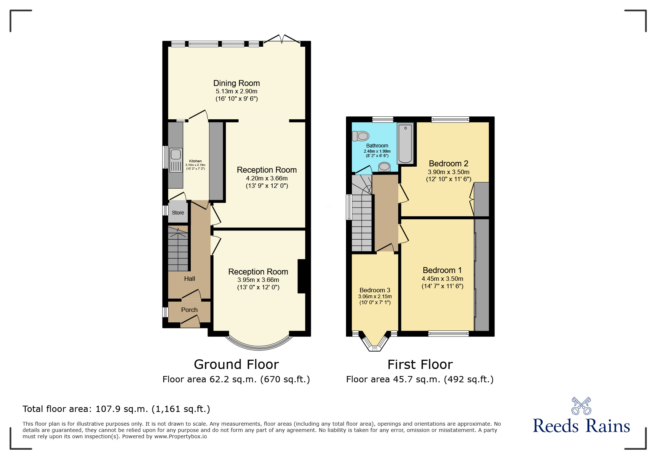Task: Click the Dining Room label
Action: click(x=236, y=83)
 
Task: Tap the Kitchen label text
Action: click(x=195, y=161)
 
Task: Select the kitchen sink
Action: click(x=176, y=160)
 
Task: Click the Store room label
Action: click(x=178, y=213)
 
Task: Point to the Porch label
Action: click(x=189, y=310)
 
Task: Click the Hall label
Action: click(x=190, y=279)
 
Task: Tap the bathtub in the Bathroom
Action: click(x=405, y=144)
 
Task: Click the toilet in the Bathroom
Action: click(x=360, y=136)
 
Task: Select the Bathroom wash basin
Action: click(x=384, y=167)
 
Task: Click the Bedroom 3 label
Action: click(x=375, y=290)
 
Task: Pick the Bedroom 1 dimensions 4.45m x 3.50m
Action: click(x=442, y=279)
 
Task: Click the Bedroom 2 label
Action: click(x=449, y=163)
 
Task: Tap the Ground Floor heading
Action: click(x=236, y=365)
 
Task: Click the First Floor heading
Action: click(x=420, y=365)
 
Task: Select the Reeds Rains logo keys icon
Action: click(x=581, y=406)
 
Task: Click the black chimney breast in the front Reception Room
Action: click(x=302, y=276)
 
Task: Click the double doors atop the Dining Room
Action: click(x=282, y=39)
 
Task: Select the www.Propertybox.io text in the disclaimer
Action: click(x=181, y=436)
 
